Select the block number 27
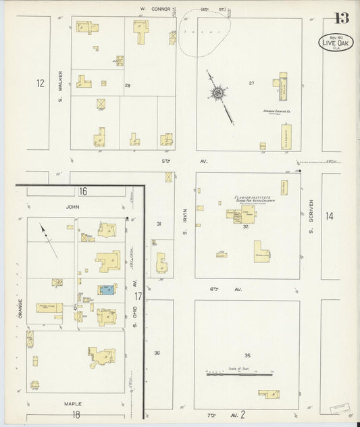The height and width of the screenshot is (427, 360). click(x=251, y=83)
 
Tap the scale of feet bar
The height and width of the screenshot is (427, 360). click(x=239, y=372)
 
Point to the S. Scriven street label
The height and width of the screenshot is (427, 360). click(x=311, y=215)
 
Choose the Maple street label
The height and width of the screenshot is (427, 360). click(x=73, y=404)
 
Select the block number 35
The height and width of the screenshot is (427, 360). click(x=248, y=355)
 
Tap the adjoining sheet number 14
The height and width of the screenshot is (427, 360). click(x=329, y=216)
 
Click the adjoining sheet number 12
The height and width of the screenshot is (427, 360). click(x=41, y=84)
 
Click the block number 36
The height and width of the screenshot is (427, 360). click(x=157, y=353)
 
